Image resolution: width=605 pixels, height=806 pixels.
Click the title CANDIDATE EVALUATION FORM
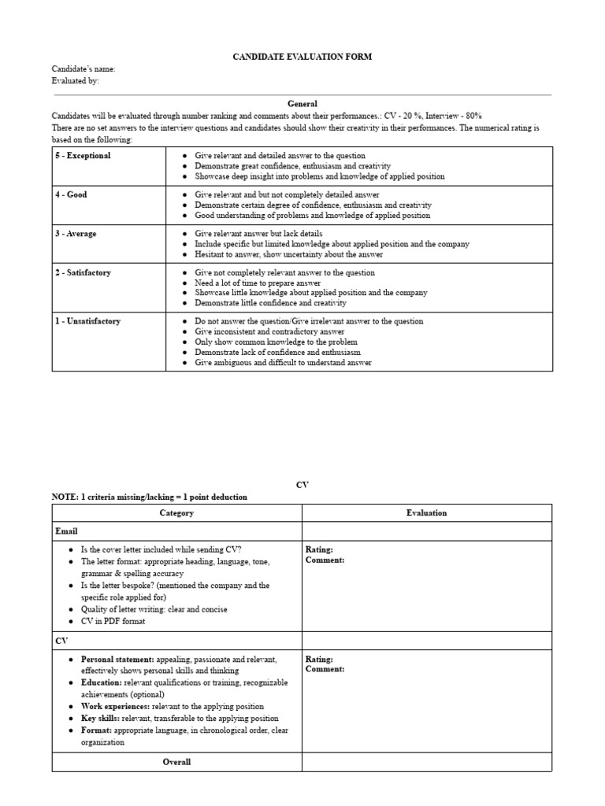point(302,57)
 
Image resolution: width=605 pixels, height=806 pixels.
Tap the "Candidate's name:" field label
point(84,69)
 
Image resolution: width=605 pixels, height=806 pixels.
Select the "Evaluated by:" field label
point(76,81)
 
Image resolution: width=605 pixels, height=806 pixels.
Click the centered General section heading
point(302,103)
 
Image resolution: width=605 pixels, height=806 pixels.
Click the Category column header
point(176,513)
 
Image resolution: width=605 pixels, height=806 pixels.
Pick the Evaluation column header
point(426,513)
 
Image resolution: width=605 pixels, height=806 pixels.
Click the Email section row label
point(66,531)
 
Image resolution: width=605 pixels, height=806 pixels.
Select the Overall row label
point(176,762)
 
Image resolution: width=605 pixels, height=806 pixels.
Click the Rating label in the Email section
point(319,549)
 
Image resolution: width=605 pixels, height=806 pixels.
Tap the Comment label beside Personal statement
point(325,669)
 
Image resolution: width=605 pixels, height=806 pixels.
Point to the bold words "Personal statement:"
point(117,659)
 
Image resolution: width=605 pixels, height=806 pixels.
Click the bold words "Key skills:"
point(99,719)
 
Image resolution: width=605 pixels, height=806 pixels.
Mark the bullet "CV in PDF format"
point(113,621)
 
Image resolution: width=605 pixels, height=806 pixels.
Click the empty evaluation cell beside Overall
point(426,762)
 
